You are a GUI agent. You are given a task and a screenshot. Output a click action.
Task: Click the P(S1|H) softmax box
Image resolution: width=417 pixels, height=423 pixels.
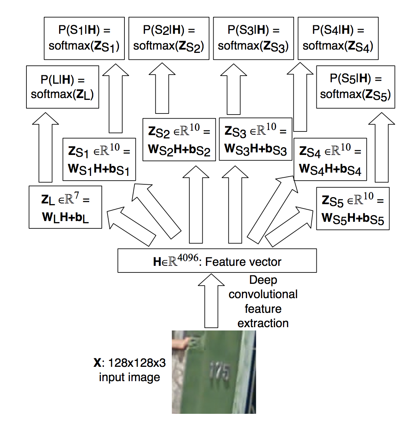tap(84, 38)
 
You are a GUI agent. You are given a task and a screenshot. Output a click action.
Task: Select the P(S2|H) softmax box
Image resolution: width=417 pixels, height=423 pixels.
tap(169, 38)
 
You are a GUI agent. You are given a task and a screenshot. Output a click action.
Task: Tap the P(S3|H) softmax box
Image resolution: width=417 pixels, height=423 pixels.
tap(253, 38)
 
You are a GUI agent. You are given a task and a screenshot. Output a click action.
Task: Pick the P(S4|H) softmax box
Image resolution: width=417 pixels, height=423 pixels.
tap(338, 38)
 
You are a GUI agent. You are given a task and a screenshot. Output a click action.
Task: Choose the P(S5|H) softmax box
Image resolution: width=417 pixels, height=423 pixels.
tap(355, 87)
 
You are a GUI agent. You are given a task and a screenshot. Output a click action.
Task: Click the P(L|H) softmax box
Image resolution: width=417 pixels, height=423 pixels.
tap(62, 87)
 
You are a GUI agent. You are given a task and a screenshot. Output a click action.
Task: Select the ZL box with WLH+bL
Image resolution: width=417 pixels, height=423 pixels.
tap(65, 207)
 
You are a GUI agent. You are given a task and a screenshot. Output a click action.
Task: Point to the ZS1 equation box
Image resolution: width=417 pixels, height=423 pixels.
tap(99, 159)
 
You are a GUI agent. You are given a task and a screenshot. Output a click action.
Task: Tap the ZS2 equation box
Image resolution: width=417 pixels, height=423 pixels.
tap(179, 140)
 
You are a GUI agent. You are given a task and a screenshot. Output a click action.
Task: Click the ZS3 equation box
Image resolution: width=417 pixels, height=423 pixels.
tap(255, 139)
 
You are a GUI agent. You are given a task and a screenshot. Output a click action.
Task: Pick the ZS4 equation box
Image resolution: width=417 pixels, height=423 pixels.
tap(330, 159)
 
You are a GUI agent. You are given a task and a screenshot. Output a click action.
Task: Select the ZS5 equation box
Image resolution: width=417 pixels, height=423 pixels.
tap(353, 209)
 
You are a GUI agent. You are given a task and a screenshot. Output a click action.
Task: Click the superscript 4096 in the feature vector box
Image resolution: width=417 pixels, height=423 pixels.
tap(188, 258)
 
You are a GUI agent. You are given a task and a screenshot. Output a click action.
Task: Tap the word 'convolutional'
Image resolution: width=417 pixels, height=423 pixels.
tap(263, 294)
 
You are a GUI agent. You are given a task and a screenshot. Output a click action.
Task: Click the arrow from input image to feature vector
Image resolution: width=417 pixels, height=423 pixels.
tap(211, 301)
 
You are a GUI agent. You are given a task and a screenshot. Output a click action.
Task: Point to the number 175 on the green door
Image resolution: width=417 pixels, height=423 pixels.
tap(220, 371)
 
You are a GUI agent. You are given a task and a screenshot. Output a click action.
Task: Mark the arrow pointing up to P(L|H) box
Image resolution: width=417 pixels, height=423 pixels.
tap(46, 147)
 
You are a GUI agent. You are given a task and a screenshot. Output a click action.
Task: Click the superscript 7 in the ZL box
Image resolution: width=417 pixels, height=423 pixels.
tap(76, 196)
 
